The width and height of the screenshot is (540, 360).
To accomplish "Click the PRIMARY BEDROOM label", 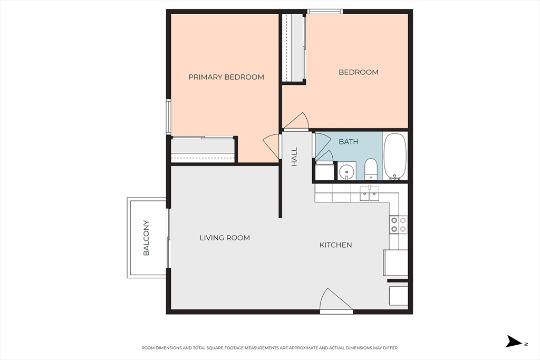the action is pos(226,77).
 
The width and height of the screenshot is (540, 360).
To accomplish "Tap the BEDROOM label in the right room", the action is pos(359,72).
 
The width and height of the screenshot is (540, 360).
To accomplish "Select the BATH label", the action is pos(349,142).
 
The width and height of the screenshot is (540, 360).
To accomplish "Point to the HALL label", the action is pos(294,157).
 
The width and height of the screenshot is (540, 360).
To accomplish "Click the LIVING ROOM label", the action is pos(225,238).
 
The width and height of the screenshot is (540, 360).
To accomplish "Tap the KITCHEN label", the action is pos(336,245).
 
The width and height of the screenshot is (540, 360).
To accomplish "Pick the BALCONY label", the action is pos(146,238).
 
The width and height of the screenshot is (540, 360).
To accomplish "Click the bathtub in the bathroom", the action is pos(395,157).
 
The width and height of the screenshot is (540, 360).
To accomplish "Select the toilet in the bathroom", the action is pos(371,169).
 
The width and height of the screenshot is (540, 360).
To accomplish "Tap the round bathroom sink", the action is pos(345,171).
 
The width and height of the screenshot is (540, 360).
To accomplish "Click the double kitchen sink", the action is pos(370,193).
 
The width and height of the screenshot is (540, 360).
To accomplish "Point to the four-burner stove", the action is pos(399,225).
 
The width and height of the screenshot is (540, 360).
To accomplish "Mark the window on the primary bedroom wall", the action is pos(168,116).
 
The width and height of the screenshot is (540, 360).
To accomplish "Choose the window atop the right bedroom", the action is pos(325,12).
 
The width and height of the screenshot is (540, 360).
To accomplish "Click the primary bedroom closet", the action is pos(203,150).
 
